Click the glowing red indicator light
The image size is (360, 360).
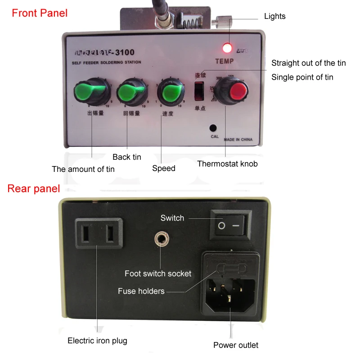pos(228,47)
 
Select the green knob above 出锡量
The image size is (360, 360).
pos(94,92)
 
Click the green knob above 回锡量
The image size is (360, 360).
pos(132,92)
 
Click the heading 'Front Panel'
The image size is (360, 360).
pos(40,13)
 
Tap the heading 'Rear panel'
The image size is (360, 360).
pos(34,189)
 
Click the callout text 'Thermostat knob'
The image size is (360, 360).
pos(227,164)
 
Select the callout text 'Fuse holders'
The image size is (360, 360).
pos(141,291)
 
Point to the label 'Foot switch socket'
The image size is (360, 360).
pos(158,274)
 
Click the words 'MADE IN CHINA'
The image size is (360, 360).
pos(238,139)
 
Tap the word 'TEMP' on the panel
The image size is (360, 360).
pos(225,61)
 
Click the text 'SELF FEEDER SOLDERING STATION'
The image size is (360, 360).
pos(107,62)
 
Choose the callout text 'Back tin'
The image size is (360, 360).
pos(127,157)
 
